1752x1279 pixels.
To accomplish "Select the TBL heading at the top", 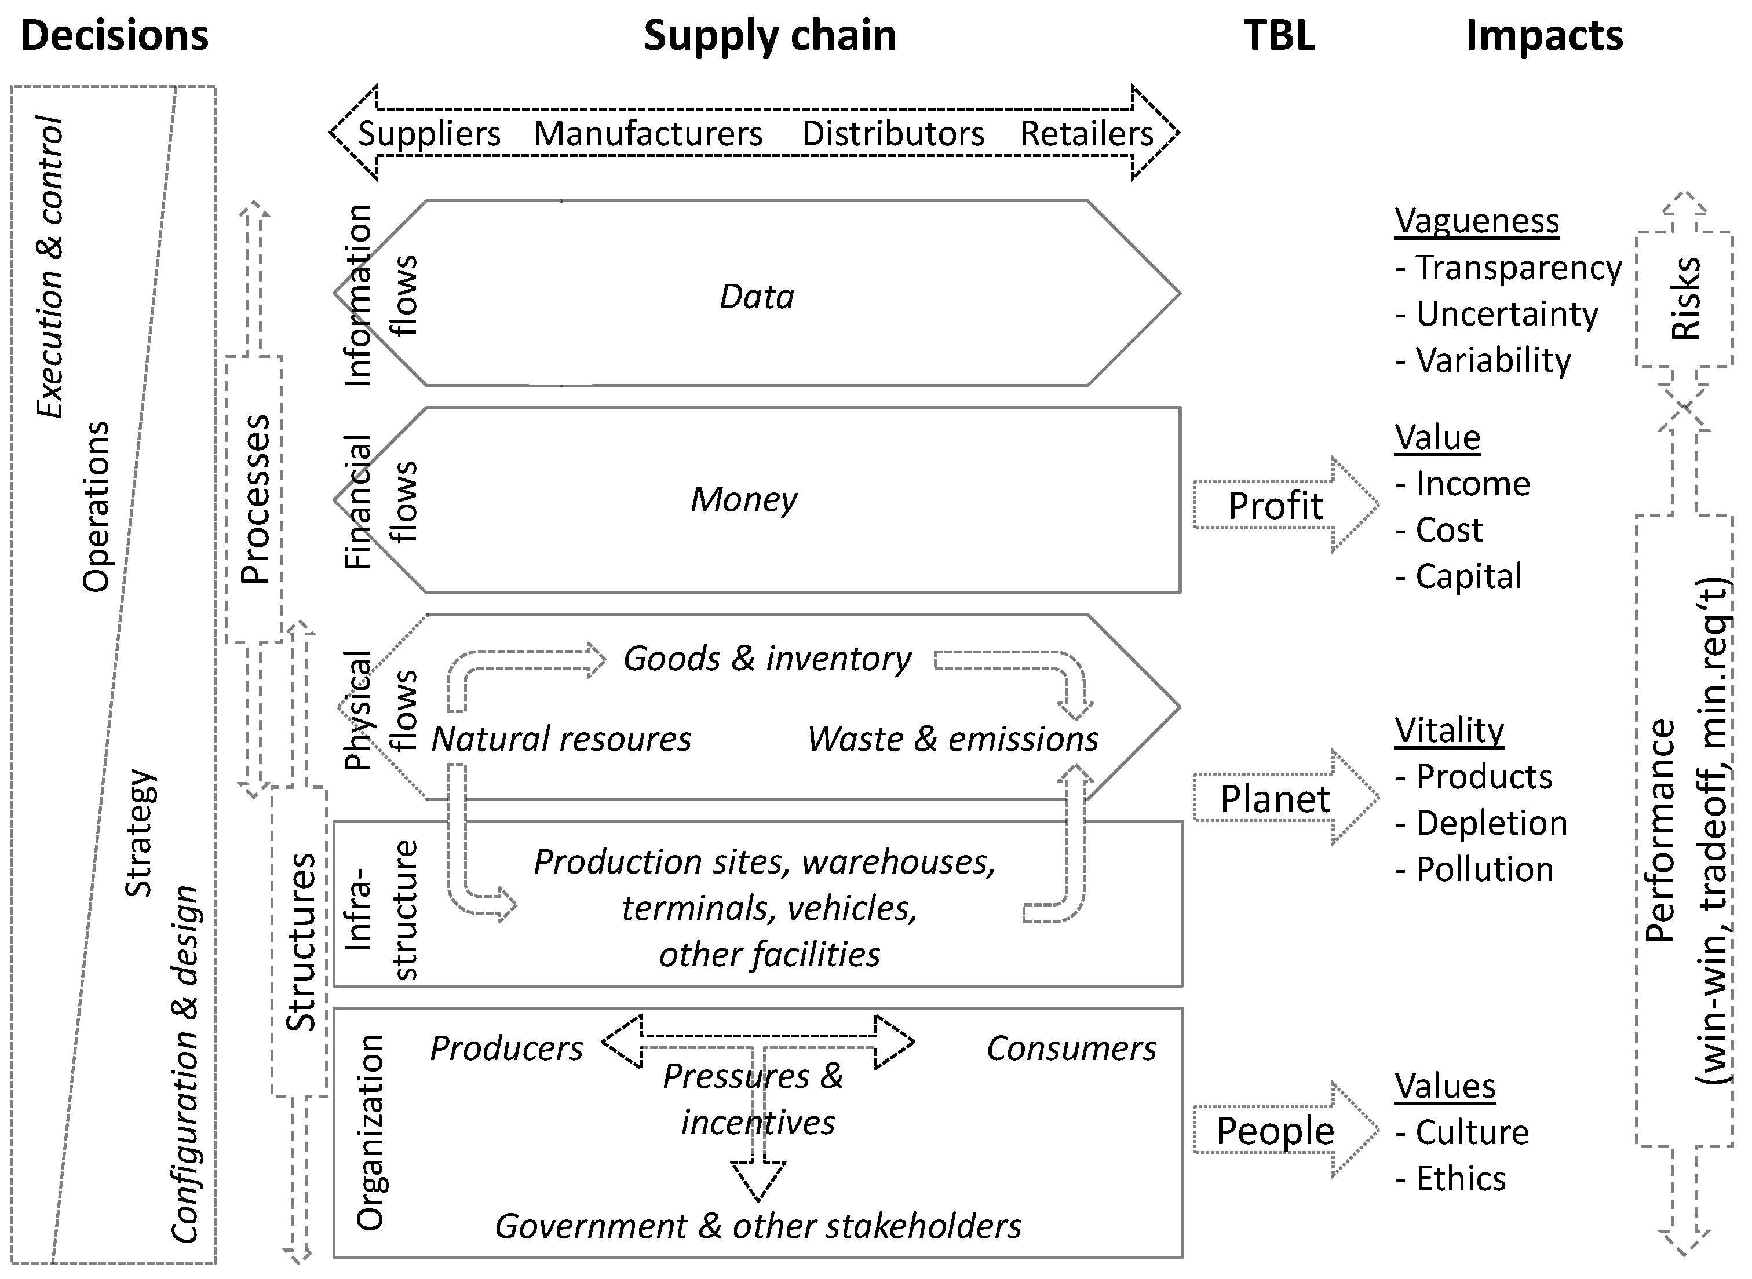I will coord(1279,35).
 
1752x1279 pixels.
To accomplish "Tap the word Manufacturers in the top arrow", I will coord(648,134).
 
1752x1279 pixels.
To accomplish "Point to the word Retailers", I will coord(1086,134).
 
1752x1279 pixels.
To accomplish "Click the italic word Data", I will coord(757,297).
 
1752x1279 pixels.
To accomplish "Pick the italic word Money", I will coord(743,499).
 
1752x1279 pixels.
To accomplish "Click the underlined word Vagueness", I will coord(1476,221).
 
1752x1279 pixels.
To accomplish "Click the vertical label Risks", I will coord(1685,298).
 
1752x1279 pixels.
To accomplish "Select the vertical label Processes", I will coord(254,499).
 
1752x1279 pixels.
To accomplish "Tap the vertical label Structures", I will coord(300,941).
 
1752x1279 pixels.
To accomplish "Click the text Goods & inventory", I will coord(767,659).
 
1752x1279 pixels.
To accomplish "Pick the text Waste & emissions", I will coord(952,739).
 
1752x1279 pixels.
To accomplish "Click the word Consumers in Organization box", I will coord(1071,1048).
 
